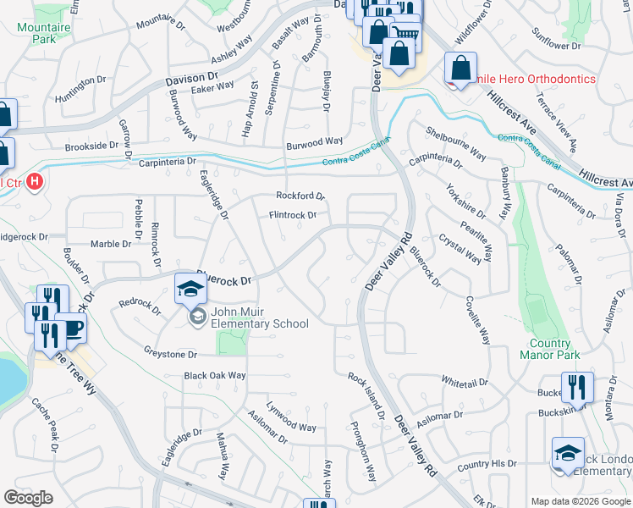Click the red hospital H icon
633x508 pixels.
click(34, 181)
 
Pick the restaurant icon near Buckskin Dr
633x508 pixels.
click(577, 387)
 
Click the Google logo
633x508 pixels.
click(28, 498)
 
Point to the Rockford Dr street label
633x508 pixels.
click(300, 196)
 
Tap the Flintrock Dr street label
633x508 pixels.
click(292, 215)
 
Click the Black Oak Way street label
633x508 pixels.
click(215, 375)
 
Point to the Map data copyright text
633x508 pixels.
click(580, 500)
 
